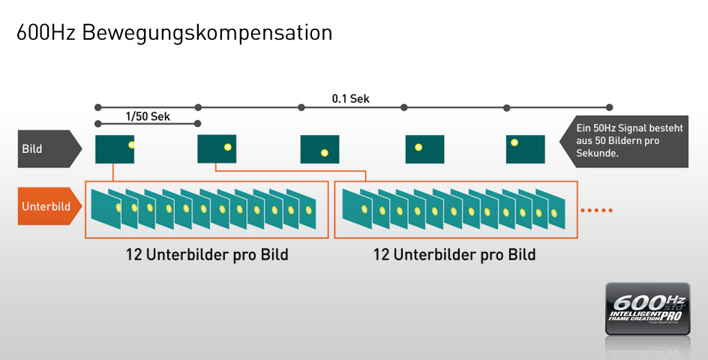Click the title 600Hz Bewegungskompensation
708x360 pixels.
[x=174, y=33]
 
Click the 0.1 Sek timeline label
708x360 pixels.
[x=350, y=99]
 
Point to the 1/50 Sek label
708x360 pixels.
[x=147, y=116]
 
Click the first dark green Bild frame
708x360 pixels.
[x=115, y=148]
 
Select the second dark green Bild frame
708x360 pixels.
[x=217, y=148]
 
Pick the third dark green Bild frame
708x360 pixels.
[x=319, y=148]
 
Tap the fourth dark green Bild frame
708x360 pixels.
[x=424, y=148]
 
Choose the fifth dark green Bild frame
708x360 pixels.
[x=525, y=148]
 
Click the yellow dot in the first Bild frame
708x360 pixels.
[x=130, y=144]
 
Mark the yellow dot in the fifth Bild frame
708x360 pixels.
[x=514, y=142]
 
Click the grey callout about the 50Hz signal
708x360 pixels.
[x=627, y=140]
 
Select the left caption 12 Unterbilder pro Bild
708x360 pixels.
[x=207, y=255]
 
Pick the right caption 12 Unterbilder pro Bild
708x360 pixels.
[x=454, y=255]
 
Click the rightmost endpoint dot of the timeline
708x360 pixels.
[x=609, y=107]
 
